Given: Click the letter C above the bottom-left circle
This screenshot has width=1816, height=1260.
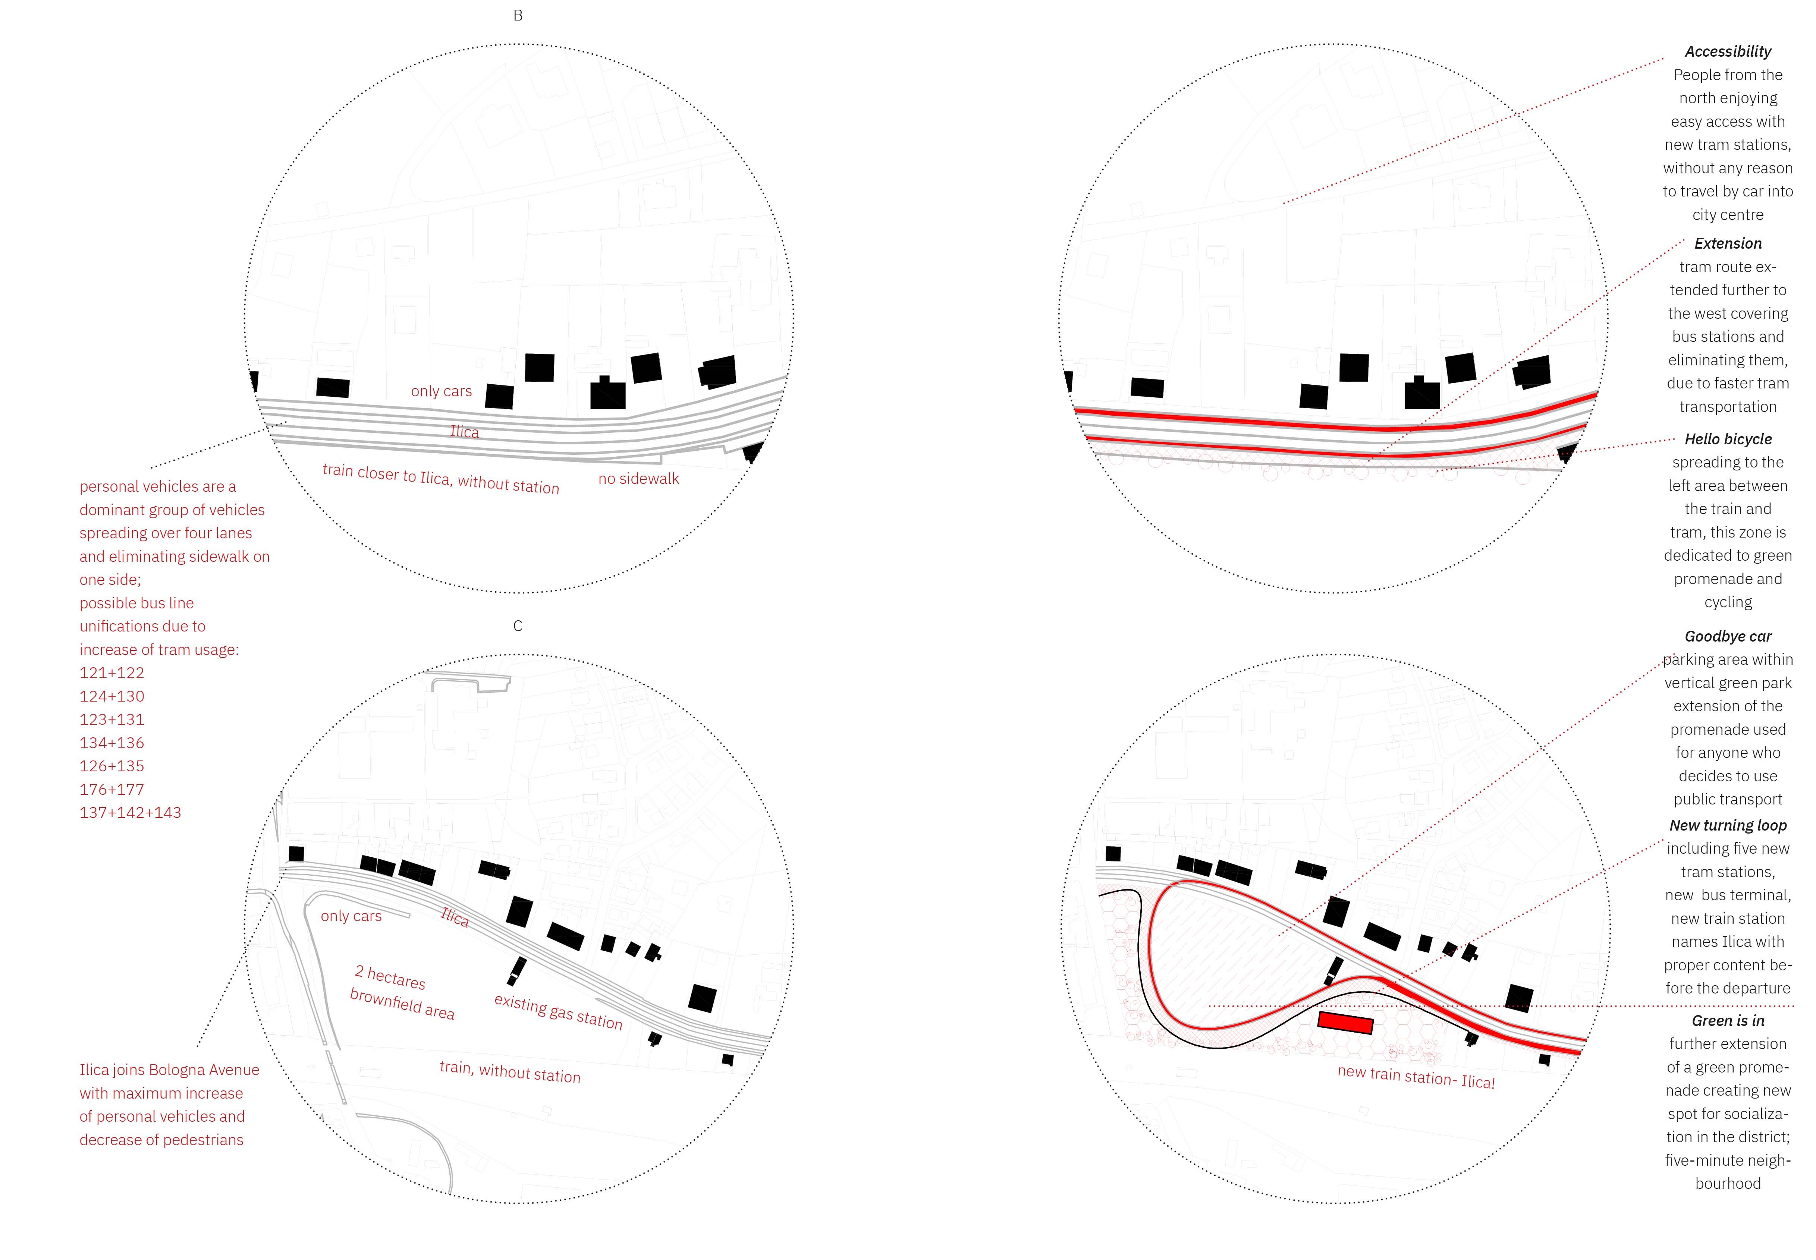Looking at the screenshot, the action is coord(518,626).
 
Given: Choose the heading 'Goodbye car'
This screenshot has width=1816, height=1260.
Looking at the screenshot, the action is coord(1728,636).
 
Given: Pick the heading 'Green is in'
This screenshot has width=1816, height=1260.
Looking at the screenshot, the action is coord(1728,1021).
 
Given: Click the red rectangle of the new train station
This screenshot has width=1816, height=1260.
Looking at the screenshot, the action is coord(1345,1023).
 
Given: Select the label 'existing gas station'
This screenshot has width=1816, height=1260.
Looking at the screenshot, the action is coord(558,1011).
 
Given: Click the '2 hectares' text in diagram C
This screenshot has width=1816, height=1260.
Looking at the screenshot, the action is coord(390,977).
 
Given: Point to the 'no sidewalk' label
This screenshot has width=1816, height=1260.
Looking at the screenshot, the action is coord(639,478).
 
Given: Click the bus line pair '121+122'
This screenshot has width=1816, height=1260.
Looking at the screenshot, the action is coord(112,673).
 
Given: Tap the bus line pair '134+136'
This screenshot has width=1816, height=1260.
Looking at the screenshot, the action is coord(112,743).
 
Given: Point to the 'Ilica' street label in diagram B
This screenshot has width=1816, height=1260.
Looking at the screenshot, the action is coord(464,432).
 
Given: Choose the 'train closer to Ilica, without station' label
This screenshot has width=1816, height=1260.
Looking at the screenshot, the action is coord(441,478).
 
